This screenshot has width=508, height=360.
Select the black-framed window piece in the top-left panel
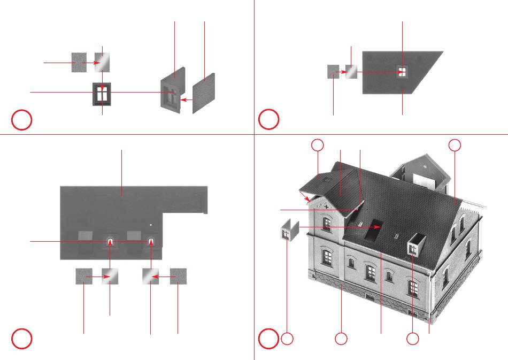(102, 95)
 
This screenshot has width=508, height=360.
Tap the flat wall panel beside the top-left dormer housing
(204, 93)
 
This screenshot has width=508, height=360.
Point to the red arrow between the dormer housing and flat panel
(186, 99)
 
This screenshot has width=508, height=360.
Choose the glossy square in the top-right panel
(351, 71)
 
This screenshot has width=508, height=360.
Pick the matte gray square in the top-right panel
(333, 71)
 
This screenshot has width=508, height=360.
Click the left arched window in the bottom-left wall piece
(110, 241)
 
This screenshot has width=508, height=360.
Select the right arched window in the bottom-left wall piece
(151, 241)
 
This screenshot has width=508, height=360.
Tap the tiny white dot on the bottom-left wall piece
(151, 225)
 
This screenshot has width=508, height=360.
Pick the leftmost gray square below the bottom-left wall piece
(84, 277)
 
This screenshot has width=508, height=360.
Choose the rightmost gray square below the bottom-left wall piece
(178, 277)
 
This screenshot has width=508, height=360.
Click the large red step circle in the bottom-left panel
(22, 338)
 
